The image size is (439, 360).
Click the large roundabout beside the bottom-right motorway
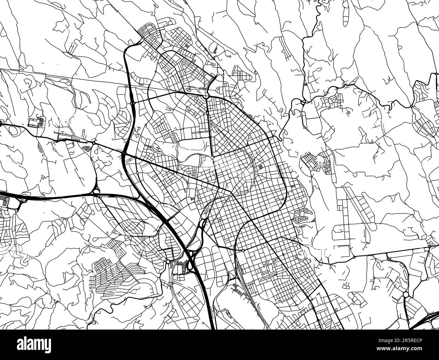(406, 295)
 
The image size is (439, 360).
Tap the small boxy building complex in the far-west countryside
(37, 122)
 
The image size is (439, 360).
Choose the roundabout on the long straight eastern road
(354, 257)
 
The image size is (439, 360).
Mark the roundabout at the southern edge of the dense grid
(242, 250)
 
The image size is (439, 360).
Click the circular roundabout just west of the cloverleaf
(168, 261)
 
